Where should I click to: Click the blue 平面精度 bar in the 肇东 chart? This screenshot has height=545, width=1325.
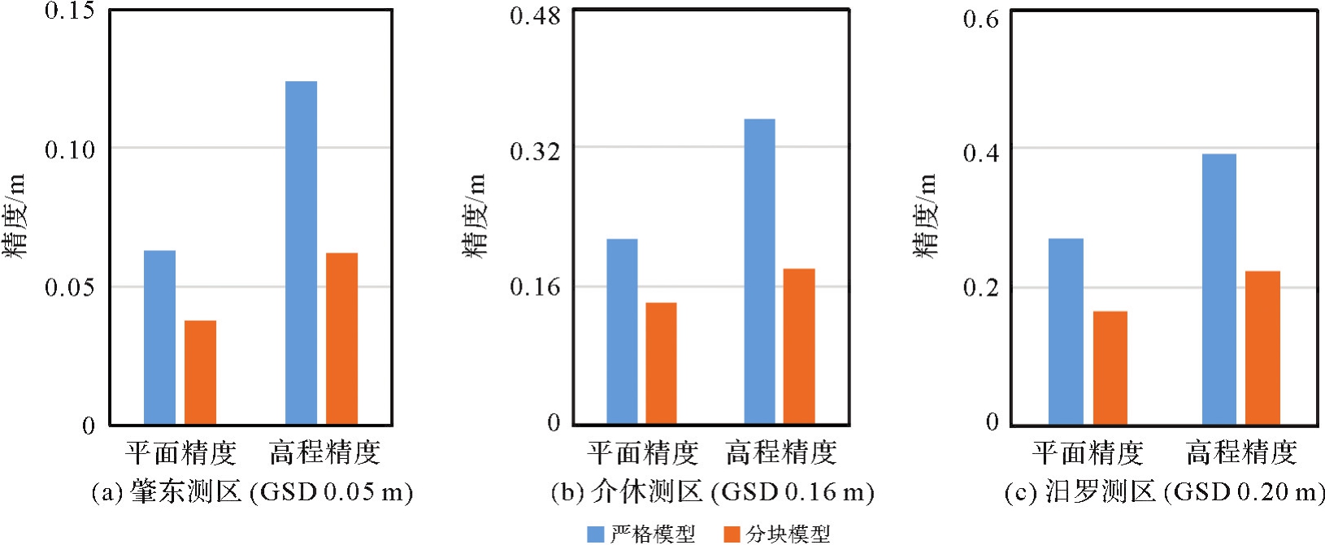(x=159, y=337)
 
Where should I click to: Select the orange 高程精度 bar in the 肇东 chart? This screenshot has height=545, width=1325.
(x=341, y=339)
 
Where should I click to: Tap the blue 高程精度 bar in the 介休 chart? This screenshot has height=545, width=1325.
(x=759, y=271)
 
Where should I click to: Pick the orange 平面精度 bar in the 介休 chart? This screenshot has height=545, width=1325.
(x=661, y=363)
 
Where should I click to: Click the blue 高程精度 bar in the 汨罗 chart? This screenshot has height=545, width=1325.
(x=1219, y=289)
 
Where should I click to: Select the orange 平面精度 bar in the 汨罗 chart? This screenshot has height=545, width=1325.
(x=1110, y=367)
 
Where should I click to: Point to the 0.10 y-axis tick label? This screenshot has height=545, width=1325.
(x=70, y=149)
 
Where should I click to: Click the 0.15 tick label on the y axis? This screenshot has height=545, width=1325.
(x=70, y=11)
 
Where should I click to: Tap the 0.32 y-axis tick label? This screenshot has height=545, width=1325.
(x=535, y=151)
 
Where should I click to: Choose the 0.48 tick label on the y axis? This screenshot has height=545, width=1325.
(x=535, y=16)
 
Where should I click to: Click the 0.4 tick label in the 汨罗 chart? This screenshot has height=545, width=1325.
(x=980, y=153)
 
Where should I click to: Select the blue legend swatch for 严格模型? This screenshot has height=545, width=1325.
(x=596, y=534)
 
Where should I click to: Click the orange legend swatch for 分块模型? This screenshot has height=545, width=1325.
(x=732, y=534)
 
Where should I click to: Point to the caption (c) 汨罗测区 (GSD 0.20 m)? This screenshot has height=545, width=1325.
(x=1164, y=492)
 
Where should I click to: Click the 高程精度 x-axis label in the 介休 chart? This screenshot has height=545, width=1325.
(x=781, y=452)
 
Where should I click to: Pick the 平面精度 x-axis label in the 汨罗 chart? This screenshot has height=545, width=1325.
(x=1088, y=452)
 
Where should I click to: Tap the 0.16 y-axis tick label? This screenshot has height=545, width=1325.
(x=535, y=288)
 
